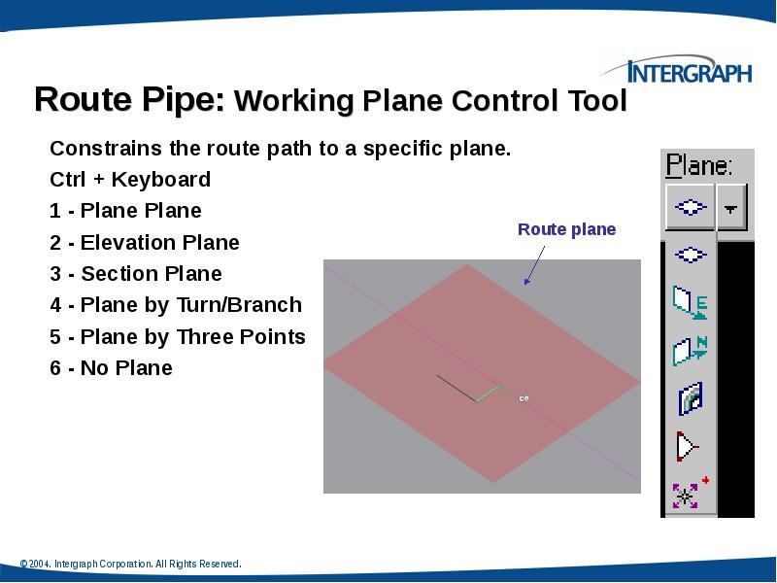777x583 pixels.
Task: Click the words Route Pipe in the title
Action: pyautogui.click(x=130, y=100)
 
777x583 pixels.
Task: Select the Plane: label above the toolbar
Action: pyautogui.click(x=698, y=165)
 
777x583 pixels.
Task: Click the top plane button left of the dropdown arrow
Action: pyautogui.click(x=690, y=208)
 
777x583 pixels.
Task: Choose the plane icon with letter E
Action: pyautogui.click(x=690, y=303)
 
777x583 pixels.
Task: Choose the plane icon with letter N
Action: pyautogui.click(x=690, y=350)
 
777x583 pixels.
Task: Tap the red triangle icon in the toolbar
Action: pyautogui.click(x=688, y=446)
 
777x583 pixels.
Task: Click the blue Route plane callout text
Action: pyautogui.click(x=566, y=229)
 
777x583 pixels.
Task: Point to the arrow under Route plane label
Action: pyautogui.click(x=534, y=263)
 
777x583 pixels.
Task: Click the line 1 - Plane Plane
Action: pyautogui.click(x=125, y=211)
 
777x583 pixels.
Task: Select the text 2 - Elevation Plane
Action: pyautogui.click(x=144, y=242)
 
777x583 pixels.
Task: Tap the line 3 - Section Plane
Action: pyautogui.click(x=136, y=273)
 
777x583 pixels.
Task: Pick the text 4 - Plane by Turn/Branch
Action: pyautogui.click(x=176, y=305)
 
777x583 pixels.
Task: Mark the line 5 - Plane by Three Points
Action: pyautogui.click(x=178, y=336)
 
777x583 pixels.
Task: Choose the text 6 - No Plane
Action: pyautogui.click(x=111, y=367)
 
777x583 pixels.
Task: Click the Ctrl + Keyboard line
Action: pyautogui.click(x=129, y=180)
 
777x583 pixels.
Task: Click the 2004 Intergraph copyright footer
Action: pyautogui.click(x=130, y=564)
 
